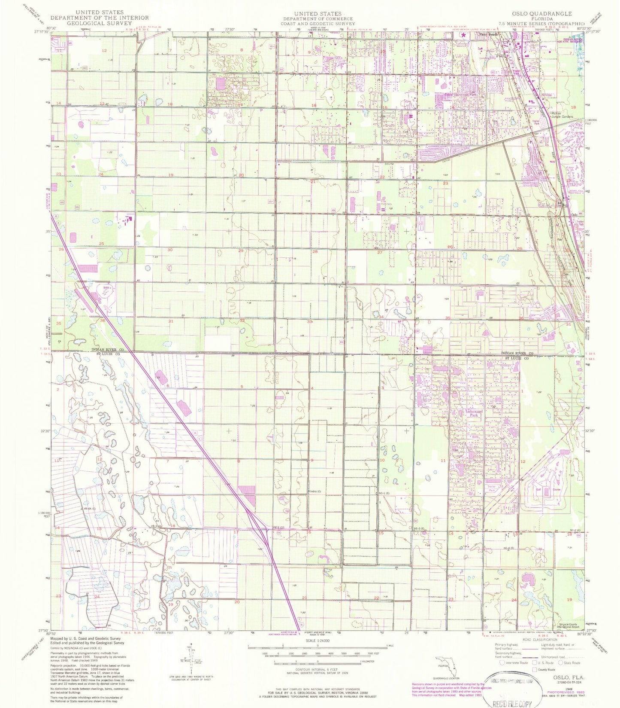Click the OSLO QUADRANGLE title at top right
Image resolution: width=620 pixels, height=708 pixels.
[541, 14]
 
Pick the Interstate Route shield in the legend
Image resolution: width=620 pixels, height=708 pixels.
[502, 663]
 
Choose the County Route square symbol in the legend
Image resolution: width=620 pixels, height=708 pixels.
[535, 669]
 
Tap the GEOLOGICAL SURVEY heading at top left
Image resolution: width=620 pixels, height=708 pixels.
[99, 23]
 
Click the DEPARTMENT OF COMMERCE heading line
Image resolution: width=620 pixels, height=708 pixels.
[318, 19]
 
